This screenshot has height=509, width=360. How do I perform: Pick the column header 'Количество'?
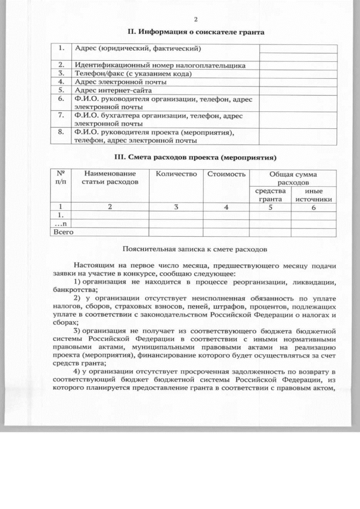tap(177, 174)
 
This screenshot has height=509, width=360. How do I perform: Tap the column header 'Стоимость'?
tap(226, 174)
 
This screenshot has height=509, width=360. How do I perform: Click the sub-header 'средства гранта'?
tap(269, 195)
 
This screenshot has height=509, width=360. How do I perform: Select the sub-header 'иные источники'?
tap(313, 195)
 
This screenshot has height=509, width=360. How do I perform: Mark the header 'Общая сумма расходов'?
tap(292, 178)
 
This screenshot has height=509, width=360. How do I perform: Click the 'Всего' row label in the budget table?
tap(63, 231)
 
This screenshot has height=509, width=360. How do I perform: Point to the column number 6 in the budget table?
tap(313, 207)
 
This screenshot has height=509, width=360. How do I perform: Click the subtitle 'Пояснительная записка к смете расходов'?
tap(195, 247)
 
